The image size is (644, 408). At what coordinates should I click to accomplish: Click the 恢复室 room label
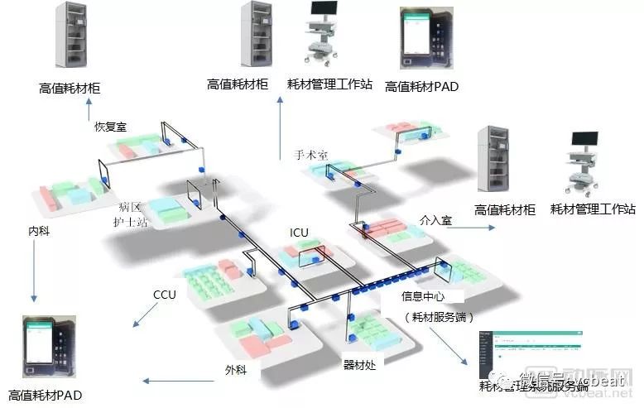click(110, 127)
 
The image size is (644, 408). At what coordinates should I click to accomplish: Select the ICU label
click(299, 233)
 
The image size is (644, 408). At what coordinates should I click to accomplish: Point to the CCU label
click(165, 295)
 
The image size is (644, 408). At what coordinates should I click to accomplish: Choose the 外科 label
click(236, 369)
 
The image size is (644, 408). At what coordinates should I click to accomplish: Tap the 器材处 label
click(360, 363)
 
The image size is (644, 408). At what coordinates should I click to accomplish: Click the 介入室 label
click(435, 221)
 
